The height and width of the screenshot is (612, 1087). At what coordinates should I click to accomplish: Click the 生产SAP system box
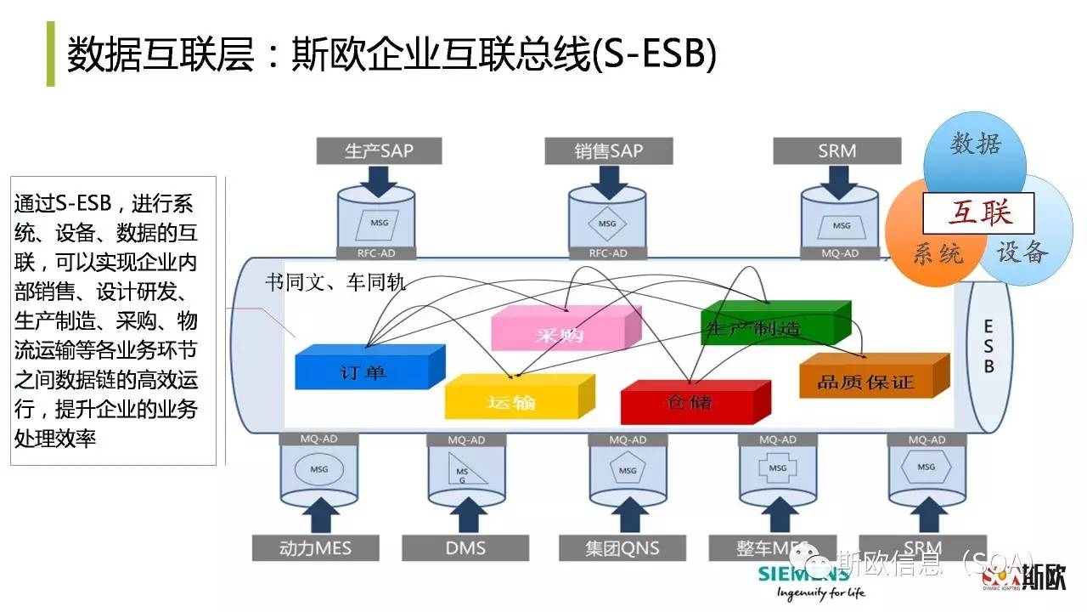379,150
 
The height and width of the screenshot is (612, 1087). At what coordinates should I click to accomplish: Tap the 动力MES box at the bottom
315,547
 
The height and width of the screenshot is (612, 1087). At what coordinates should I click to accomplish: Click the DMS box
465,547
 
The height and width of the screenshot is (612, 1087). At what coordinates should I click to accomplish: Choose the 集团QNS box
622,547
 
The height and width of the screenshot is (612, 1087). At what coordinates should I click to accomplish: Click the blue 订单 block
365,371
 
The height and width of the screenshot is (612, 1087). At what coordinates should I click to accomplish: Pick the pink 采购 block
560,333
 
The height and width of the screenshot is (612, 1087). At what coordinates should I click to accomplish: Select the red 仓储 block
690,401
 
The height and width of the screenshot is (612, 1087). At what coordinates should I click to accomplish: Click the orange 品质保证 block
868,381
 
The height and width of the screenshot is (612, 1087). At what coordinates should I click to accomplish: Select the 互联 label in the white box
979,212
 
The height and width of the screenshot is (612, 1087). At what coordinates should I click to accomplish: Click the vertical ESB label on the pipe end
988,346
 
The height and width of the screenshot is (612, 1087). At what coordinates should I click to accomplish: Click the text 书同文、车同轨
335,283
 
